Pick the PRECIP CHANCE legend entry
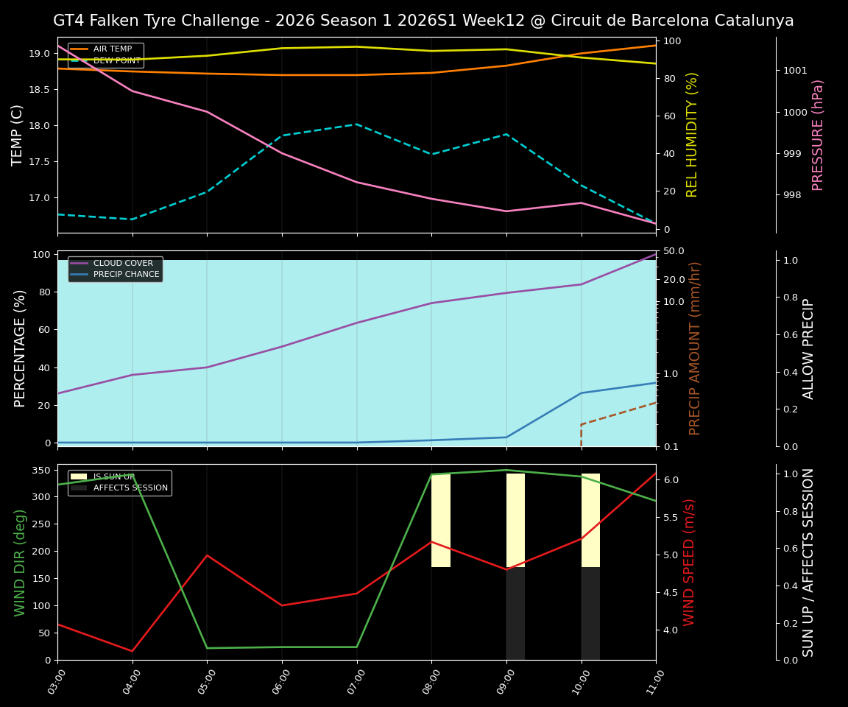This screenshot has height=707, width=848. click(126, 275)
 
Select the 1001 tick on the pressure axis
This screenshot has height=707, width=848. click(795, 71)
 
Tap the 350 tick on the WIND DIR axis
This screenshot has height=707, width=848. click(40, 470)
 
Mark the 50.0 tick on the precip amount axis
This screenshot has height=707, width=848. click(674, 251)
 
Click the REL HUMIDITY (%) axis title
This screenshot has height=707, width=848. click(692, 135)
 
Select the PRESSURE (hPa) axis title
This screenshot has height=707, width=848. click(818, 135)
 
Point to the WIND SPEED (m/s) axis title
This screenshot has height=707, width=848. click(689, 562)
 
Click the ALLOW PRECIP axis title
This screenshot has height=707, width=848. click(808, 348)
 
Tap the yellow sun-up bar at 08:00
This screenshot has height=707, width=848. click(441, 520)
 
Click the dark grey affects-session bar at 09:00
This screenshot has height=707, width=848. click(515, 613)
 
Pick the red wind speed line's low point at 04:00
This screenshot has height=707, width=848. click(132, 651)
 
